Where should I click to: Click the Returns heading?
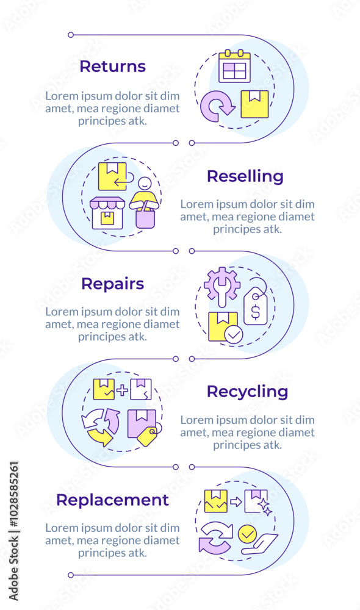[x=112, y=66]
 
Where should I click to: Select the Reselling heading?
[x=245, y=176]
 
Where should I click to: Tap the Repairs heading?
[x=112, y=284]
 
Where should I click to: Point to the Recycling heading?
[x=247, y=391]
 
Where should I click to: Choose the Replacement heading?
[x=112, y=500]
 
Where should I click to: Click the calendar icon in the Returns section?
[x=234, y=66]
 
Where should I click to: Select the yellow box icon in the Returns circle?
[x=254, y=104]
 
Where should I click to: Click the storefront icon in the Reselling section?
[x=107, y=213]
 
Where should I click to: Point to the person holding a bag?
[x=145, y=202]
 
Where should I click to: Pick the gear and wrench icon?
[x=221, y=285]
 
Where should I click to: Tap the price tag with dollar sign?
[x=256, y=306]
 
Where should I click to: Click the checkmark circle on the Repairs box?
[x=232, y=335]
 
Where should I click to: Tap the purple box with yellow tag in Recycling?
[x=143, y=426]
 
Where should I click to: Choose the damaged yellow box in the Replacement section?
[x=216, y=501]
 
